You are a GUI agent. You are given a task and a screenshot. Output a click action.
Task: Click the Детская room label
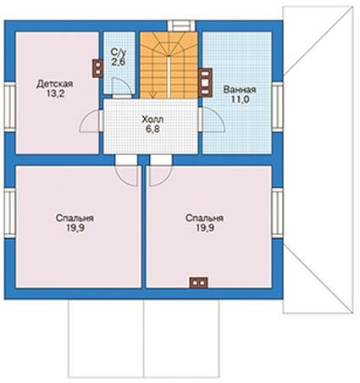coord(55,84)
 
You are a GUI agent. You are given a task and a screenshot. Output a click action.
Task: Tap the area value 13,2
coord(56,94)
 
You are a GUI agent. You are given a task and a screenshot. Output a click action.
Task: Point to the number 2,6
coord(119,62)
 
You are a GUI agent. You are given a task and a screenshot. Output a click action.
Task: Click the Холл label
coord(152,119)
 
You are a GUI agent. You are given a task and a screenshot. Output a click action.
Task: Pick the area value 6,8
coord(152,129)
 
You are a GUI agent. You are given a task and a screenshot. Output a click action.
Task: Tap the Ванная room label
coord(240,90)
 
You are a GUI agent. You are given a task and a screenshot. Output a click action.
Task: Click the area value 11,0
coord(241,99)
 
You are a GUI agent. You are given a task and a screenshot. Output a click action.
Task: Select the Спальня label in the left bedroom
coord(75,219)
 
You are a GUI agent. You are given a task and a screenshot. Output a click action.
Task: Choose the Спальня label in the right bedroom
coord(205,219)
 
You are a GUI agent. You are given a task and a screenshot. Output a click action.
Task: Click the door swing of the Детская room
coord(90,121)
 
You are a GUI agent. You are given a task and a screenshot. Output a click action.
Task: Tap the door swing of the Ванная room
coord(213,120)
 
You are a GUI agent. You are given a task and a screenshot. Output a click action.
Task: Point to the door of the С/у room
coord(122,86)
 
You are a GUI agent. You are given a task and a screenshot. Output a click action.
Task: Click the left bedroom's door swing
coord(127,175)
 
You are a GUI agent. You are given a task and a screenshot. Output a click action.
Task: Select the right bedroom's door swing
coord(160,175)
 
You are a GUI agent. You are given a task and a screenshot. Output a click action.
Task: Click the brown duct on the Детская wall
coord(97,68)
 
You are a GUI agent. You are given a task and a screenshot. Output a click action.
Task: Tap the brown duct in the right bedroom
coord(199,283)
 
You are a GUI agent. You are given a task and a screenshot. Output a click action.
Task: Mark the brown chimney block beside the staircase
coord(205,82)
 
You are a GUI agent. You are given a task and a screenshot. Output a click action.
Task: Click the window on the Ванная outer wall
coord(278,106)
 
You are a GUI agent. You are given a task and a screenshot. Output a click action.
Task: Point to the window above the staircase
coord(181,25)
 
